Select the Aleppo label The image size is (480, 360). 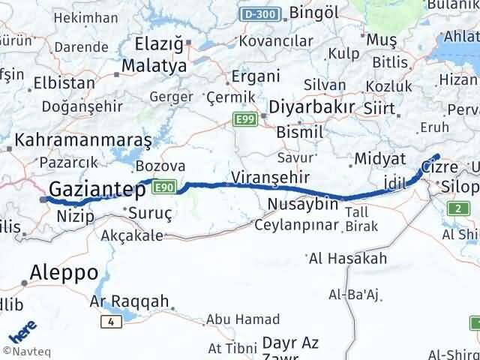[x=65, y=271]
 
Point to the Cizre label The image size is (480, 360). [x=439, y=166]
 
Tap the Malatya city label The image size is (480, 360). [x=155, y=66]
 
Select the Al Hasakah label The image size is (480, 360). [x=348, y=259]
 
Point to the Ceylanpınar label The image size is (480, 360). [x=298, y=224]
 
